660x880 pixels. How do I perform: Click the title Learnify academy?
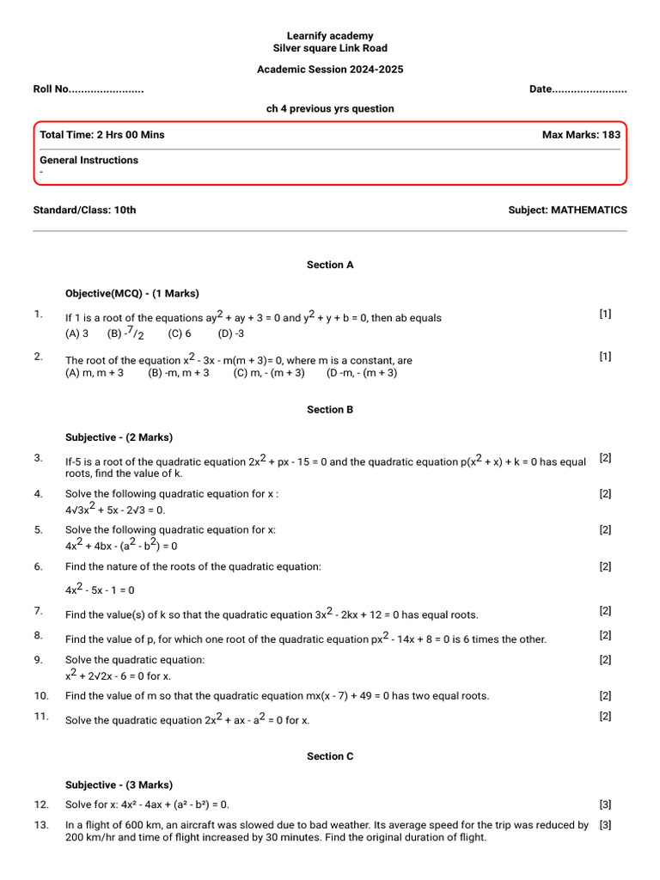(330, 36)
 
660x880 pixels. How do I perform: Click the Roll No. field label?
(88, 89)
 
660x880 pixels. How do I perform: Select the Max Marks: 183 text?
(581, 135)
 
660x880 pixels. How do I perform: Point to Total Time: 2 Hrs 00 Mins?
(102, 135)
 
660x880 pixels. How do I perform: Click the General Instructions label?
(89, 160)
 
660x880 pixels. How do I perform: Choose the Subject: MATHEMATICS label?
(567, 210)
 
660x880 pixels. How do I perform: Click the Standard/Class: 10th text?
(84, 210)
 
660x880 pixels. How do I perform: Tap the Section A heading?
(330, 266)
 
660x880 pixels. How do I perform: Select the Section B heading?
(330, 410)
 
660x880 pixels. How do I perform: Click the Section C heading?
(330, 756)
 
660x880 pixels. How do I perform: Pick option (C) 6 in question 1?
(180, 333)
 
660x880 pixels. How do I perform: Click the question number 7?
(39, 611)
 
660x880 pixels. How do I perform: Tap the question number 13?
(41, 825)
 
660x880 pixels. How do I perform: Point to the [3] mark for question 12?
(605, 805)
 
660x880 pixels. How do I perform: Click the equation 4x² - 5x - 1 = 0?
(100, 590)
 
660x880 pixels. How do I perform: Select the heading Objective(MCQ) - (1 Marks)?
(132, 293)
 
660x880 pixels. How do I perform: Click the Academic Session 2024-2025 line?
(330, 69)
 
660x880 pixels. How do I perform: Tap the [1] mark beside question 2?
(605, 357)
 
